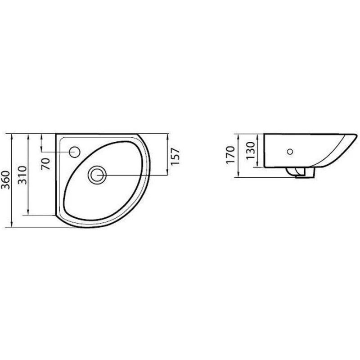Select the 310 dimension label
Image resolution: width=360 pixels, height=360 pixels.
(x=22, y=175)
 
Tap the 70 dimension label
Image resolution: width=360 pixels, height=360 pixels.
(x=46, y=164)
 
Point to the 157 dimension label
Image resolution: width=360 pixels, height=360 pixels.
(x=175, y=156)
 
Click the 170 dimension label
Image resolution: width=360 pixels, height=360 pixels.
(x=230, y=155)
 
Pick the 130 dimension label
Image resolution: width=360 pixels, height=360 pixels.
(x=250, y=150)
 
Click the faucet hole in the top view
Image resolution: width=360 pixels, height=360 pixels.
(x=74, y=152)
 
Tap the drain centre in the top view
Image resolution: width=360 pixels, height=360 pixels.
(x=97, y=175)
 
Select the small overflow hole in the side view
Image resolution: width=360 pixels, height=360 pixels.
(x=290, y=151)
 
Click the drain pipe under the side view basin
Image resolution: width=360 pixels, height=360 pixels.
(x=299, y=172)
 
